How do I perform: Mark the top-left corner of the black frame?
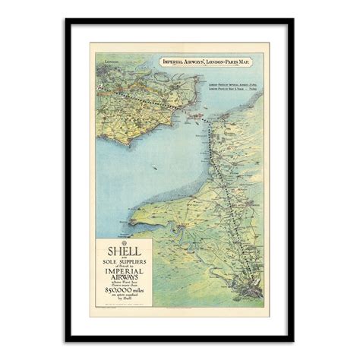pos(66,19)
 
